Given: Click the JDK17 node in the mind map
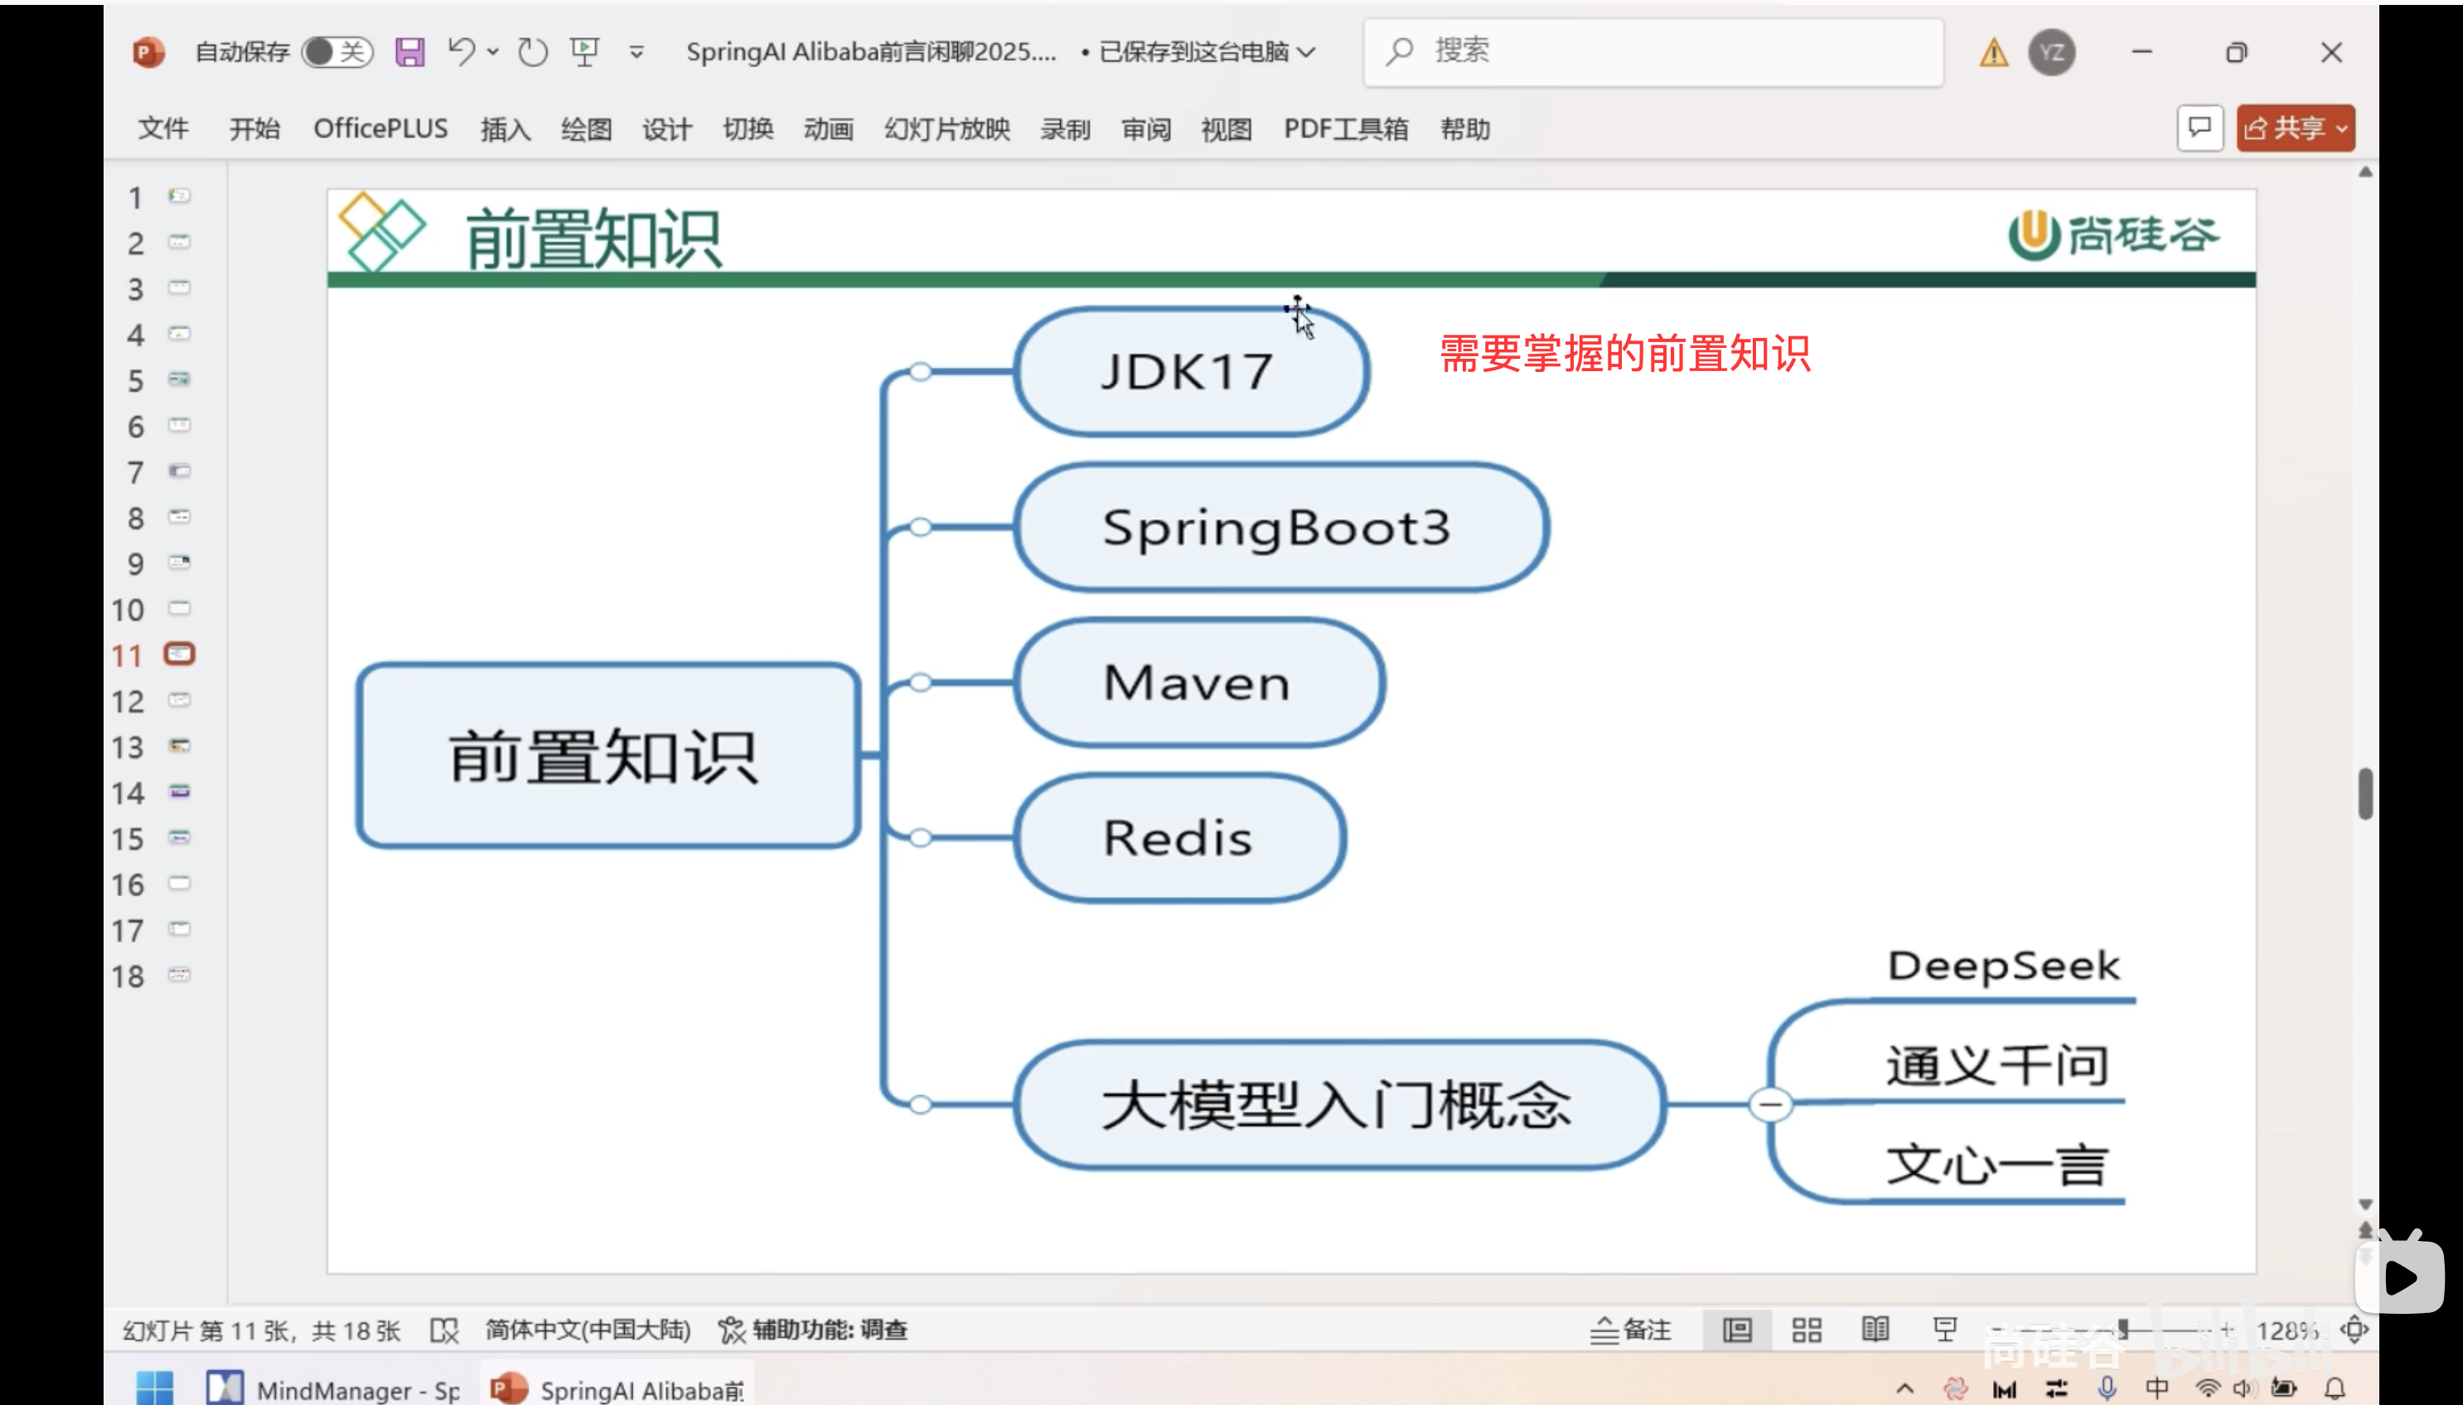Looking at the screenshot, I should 1190,371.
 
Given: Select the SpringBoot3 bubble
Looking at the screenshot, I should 1280,528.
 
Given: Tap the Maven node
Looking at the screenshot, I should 1198,683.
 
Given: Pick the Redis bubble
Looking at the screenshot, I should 1178,838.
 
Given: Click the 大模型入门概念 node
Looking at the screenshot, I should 1338,1105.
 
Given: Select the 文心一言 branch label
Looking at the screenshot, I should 1996,1165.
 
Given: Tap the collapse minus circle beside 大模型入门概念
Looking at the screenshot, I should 1770,1104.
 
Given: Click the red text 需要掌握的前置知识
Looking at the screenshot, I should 1624,354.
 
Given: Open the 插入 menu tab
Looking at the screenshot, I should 505,129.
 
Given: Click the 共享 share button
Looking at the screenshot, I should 2294,128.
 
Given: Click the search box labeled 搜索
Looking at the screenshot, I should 1652,52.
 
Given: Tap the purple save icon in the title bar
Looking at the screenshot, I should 409,52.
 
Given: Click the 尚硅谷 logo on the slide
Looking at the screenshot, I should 2112,235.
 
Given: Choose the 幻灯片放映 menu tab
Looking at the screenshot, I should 946,129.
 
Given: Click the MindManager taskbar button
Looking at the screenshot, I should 334,1388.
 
